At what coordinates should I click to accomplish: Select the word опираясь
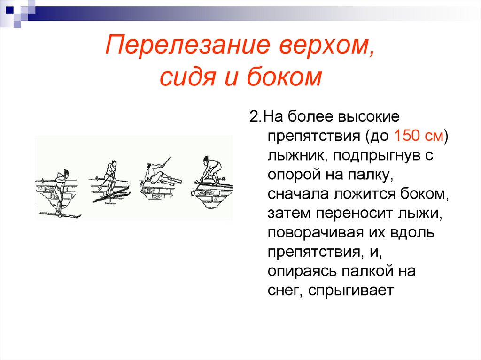[x=302, y=271]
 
